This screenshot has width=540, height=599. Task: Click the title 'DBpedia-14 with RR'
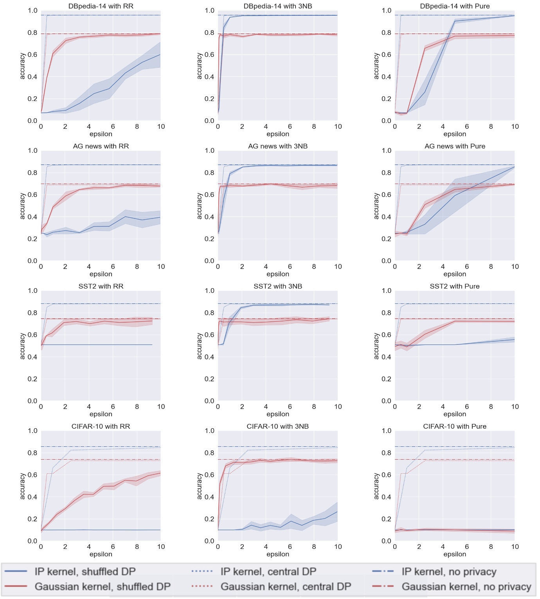coord(101,6)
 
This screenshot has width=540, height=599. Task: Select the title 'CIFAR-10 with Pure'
coord(455,426)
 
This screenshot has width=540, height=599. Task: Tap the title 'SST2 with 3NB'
coord(278,286)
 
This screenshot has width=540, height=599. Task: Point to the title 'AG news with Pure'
coord(455,146)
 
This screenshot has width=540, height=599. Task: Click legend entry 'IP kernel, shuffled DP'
coord(85,572)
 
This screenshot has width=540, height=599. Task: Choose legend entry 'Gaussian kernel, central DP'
coord(286,586)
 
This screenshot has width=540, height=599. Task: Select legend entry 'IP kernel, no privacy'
coord(449,572)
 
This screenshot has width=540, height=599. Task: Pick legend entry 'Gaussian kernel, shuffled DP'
coord(103,586)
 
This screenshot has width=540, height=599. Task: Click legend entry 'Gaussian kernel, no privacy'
coord(466,586)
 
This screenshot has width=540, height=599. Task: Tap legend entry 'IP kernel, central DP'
coord(268,572)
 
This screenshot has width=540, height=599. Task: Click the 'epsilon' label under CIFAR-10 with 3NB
coord(278,554)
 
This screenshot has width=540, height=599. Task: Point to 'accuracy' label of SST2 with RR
coord(22,346)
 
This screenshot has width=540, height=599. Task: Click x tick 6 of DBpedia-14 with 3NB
coord(290,126)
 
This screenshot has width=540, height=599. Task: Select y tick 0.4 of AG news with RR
coord(32,217)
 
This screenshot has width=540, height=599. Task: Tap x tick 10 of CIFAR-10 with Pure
coord(515,547)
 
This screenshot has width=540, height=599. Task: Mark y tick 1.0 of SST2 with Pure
coord(386,290)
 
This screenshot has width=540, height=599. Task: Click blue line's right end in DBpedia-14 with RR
coord(160,54)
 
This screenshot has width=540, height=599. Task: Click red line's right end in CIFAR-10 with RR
coord(160,473)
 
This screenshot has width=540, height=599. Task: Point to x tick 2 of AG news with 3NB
coord(242,267)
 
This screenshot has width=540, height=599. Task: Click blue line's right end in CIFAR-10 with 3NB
coord(337,512)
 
